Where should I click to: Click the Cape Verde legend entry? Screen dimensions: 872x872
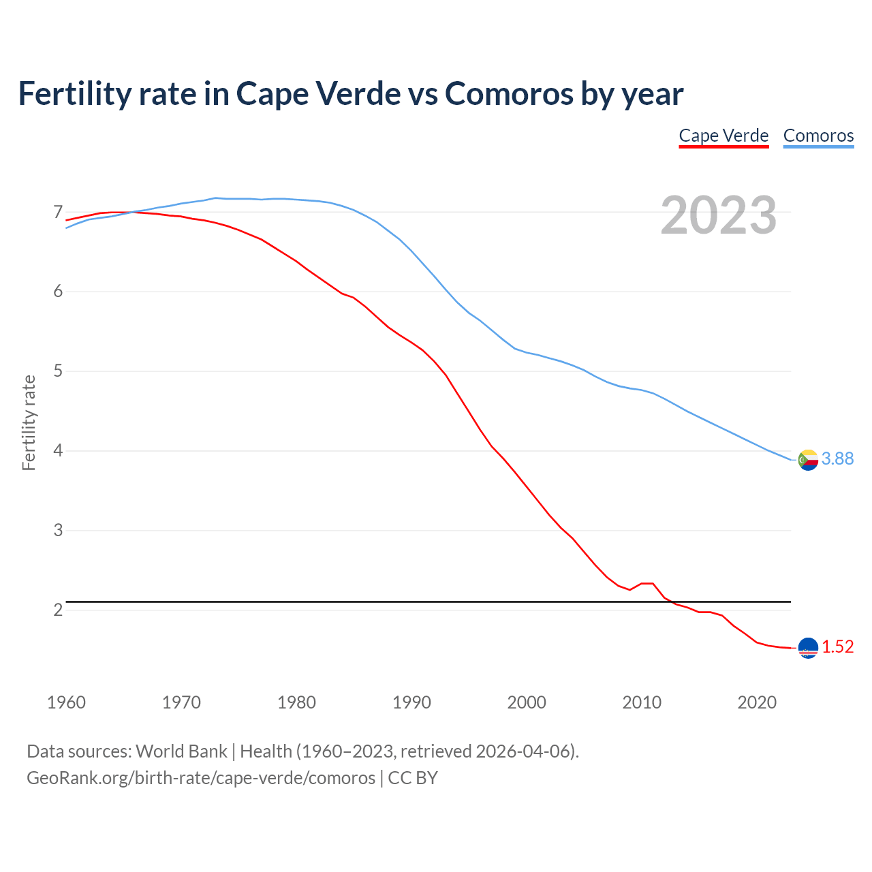pyautogui.click(x=723, y=136)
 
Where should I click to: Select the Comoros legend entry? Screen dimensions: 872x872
pyautogui.click(x=818, y=136)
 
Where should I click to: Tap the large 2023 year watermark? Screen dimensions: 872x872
pyautogui.click(x=719, y=215)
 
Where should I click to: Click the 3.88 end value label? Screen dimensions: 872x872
pyautogui.click(x=837, y=459)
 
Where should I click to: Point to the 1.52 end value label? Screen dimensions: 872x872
pyautogui.click(x=837, y=647)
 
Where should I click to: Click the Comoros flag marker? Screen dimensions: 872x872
pyautogui.click(x=808, y=460)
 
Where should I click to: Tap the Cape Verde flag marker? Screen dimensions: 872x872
pyautogui.click(x=808, y=648)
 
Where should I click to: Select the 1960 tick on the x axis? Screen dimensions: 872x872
pyautogui.click(x=66, y=702)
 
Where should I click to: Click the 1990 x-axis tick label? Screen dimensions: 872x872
pyautogui.click(x=411, y=702)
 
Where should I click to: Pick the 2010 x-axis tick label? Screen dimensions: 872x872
pyautogui.click(x=642, y=702)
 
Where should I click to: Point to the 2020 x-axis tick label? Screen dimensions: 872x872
pyautogui.click(x=757, y=702)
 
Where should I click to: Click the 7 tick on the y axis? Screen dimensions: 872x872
pyautogui.click(x=58, y=212)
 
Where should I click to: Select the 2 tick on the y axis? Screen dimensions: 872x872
pyautogui.click(x=58, y=610)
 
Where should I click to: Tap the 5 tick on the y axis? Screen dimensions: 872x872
pyautogui.click(x=58, y=371)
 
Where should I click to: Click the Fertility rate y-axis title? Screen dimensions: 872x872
pyautogui.click(x=29, y=422)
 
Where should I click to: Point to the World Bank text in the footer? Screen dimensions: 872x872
pyautogui.click(x=181, y=751)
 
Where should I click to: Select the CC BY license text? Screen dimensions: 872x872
pyautogui.click(x=413, y=778)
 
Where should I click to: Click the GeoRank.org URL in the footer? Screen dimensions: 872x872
pyautogui.click(x=201, y=778)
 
